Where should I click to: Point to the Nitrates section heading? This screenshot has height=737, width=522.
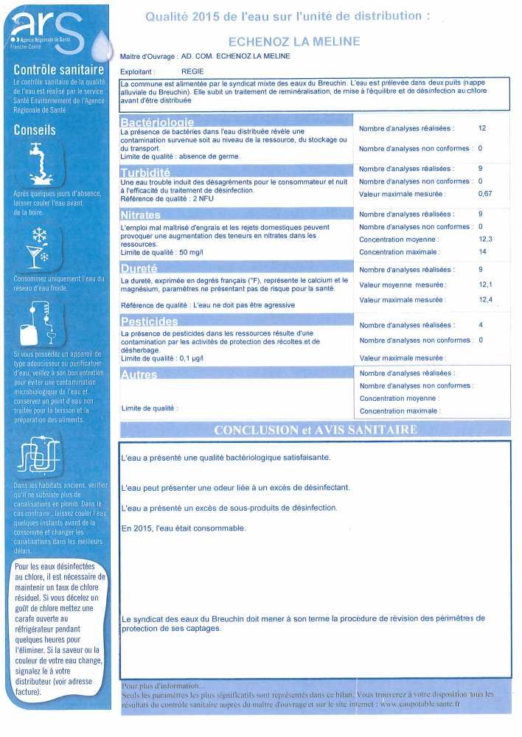point(143,216)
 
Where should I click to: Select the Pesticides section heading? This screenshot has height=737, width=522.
point(149,322)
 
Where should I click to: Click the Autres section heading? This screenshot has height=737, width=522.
point(139,374)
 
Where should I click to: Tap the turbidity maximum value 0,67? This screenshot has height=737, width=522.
point(485,194)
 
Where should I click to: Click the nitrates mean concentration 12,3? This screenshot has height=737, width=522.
point(484,240)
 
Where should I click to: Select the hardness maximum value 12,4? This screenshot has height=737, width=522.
point(485,299)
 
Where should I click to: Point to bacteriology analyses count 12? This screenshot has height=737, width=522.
point(482,128)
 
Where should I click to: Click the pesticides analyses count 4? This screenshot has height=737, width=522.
point(480,324)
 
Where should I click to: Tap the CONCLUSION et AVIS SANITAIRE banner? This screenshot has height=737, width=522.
point(316,430)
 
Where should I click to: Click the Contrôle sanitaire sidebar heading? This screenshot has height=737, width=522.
point(57,69)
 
